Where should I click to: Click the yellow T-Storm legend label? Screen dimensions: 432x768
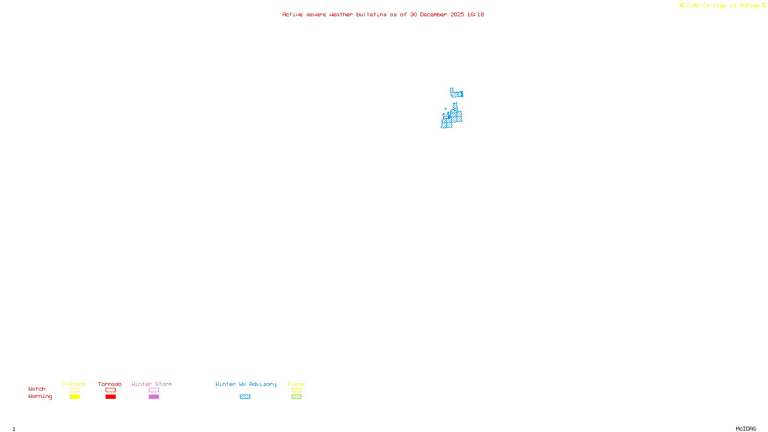pos(74,384)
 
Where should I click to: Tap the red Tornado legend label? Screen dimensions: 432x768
pos(110,384)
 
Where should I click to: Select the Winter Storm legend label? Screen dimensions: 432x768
pos(152,384)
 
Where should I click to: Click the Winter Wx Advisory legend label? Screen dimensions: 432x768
pos(246,384)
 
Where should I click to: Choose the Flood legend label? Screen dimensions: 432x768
pos(296,384)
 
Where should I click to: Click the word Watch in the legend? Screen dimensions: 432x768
pos(37,389)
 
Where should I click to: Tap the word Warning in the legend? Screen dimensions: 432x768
pos(40,396)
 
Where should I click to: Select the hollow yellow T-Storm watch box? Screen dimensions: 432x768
pos(74,390)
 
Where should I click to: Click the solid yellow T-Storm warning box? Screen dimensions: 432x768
pos(74,397)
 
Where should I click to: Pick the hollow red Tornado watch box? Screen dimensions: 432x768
pos(110,390)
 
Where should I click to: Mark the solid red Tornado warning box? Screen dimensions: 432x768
pos(110,397)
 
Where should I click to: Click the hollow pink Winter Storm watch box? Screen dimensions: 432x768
pos(154,390)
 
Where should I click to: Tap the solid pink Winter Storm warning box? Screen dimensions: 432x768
pos(154,397)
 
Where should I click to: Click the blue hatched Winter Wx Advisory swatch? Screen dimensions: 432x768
pos(245,397)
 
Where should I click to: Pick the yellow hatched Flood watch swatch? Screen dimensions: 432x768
pos(296,390)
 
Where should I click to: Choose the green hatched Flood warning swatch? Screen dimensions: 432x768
pos(296,397)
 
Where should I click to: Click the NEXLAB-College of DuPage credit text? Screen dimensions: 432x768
pos(720,6)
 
